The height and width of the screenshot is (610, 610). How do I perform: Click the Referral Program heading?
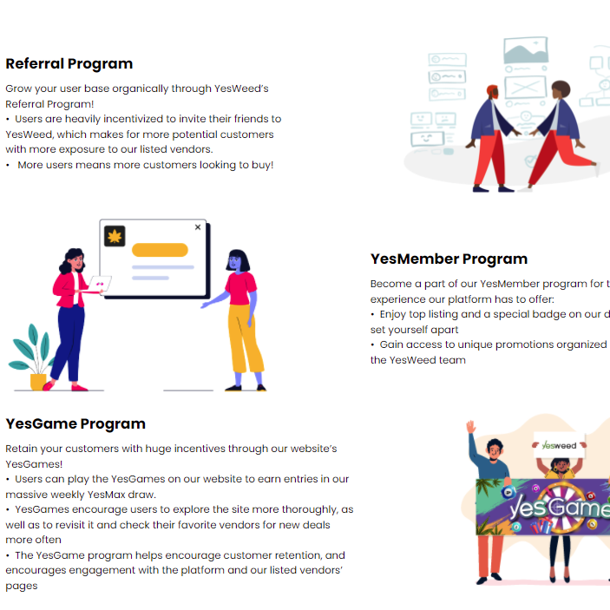(x=69, y=63)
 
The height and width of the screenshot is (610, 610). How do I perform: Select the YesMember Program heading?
(x=449, y=259)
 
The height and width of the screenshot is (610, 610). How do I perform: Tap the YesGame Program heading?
(x=75, y=423)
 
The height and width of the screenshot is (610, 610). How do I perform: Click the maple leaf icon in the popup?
(x=115, y=236)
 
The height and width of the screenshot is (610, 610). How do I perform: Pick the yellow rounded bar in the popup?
(x=160, y=250)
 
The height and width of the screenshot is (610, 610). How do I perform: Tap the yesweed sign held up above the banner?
(x=559, y=445)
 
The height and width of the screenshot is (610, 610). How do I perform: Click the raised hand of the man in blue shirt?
(x=470, y=428)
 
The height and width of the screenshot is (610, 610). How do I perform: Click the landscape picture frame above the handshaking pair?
(x=526, y=50)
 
